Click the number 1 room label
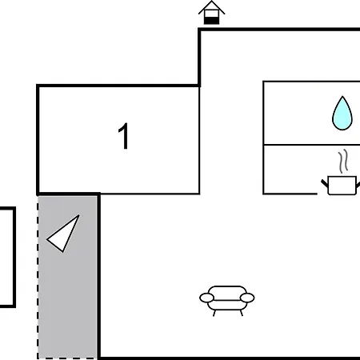coord(124,136)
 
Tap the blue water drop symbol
coord(342,114)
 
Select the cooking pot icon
coord(342,186)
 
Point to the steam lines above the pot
coord(343,160)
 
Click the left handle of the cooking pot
coord(325,183)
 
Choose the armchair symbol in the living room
coord(227,301)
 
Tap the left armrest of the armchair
coord(206,298)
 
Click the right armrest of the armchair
coord(247,298)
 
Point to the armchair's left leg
coord(214,313)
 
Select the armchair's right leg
coord(242,313)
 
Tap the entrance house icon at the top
coord(212,13)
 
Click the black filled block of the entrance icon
coord(212,21)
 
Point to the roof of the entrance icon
coord(212,7)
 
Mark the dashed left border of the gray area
coord(38,278)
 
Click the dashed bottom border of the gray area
coord(67,358)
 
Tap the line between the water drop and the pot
coord(311,145)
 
